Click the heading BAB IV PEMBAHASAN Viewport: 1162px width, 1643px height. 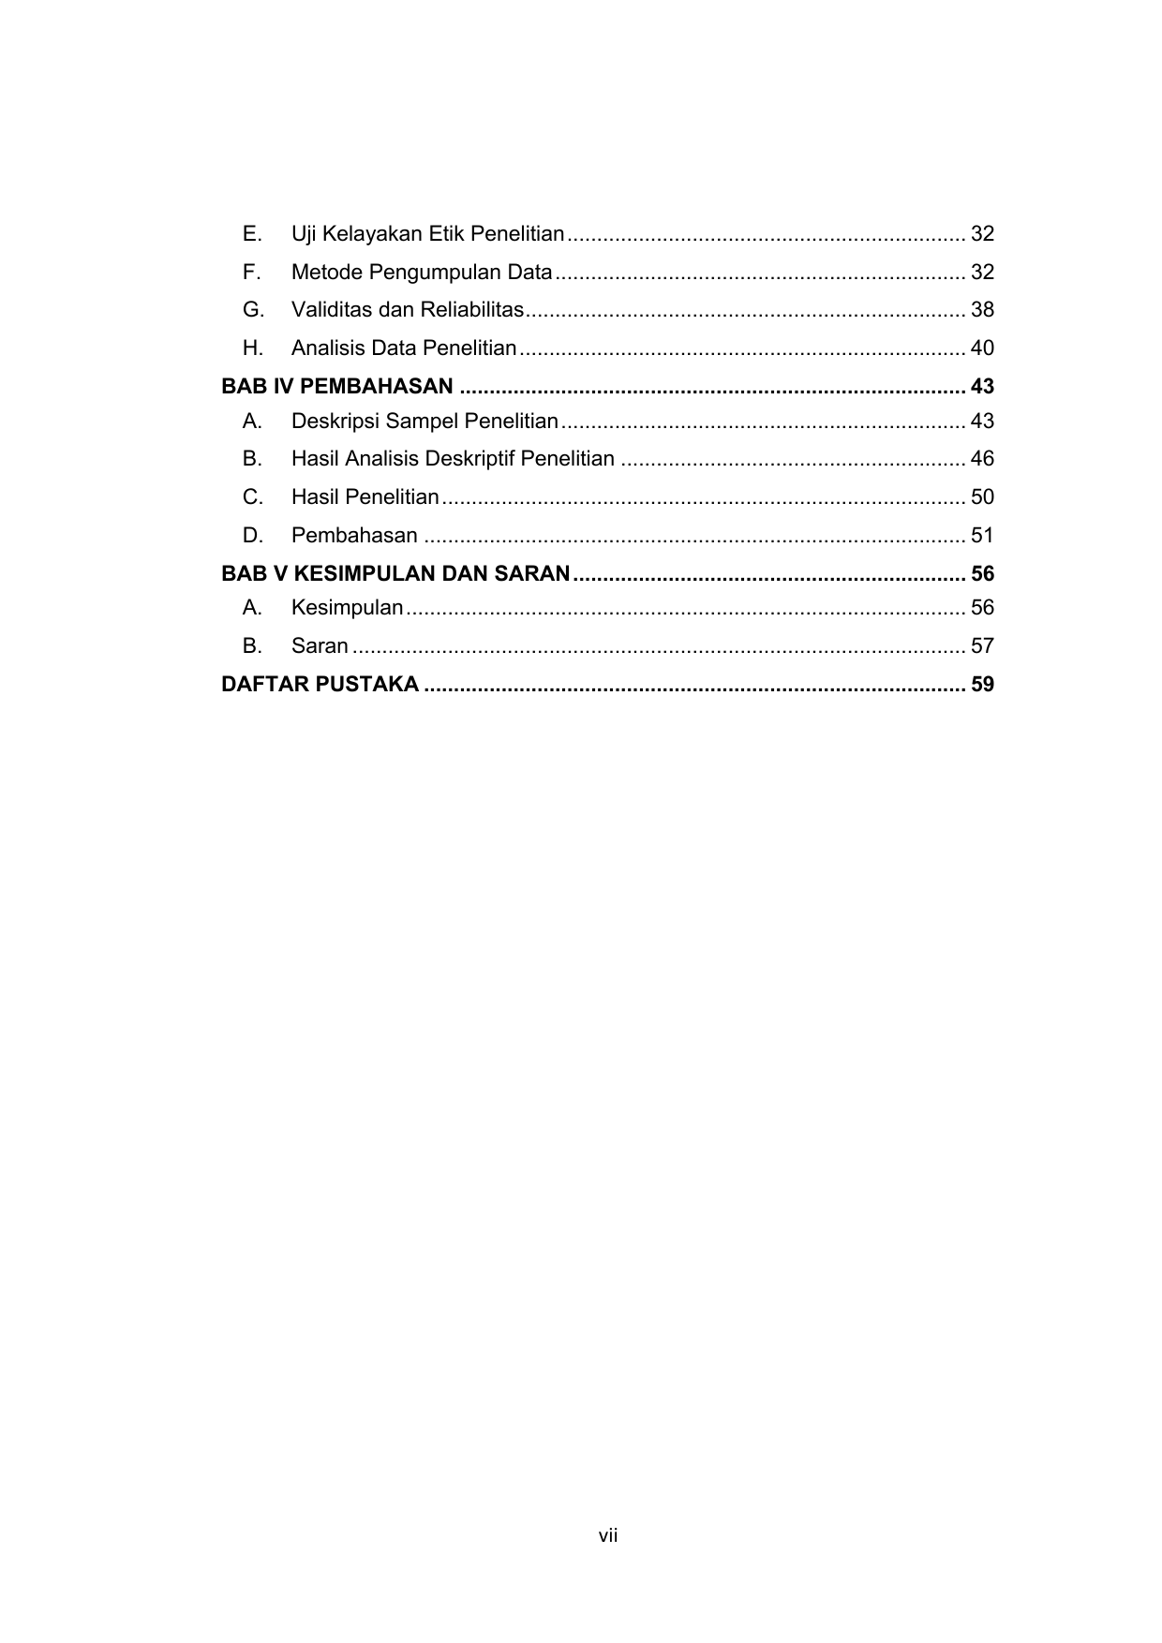(x=337, y=386)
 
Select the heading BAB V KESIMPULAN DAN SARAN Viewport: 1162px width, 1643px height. (x=395, y=573)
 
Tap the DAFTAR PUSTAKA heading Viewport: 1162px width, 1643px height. (x=320, y=685)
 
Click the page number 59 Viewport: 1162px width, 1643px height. (x=982, y=685)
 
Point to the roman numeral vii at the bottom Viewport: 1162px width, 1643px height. (x=608, y=1535)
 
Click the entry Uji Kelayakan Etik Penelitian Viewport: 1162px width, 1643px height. (x=427, y=233)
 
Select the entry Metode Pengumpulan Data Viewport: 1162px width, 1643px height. (x=422, y=272)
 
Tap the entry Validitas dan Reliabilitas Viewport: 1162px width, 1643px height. (x=407, y=309)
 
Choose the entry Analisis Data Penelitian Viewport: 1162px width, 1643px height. (x=404, y=348)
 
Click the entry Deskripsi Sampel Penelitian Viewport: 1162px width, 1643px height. (x=425, y=421)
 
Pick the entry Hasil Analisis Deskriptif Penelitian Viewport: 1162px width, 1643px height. (x=453, y=458)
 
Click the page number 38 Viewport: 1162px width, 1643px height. (x=982, y=309)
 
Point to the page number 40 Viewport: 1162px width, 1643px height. (x=982, y=348)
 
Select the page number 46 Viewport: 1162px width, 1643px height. (x=982, y=458)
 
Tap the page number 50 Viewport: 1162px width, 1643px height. (x=982, y=496)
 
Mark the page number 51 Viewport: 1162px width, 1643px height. (x=982, y=535)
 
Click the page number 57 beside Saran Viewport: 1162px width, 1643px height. (x=982, y=645)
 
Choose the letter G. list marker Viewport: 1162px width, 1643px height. (x=253, y=309)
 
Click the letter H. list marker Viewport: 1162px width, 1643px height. (x=253, y=348)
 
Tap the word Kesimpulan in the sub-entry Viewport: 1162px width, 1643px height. (x=347, y=607)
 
